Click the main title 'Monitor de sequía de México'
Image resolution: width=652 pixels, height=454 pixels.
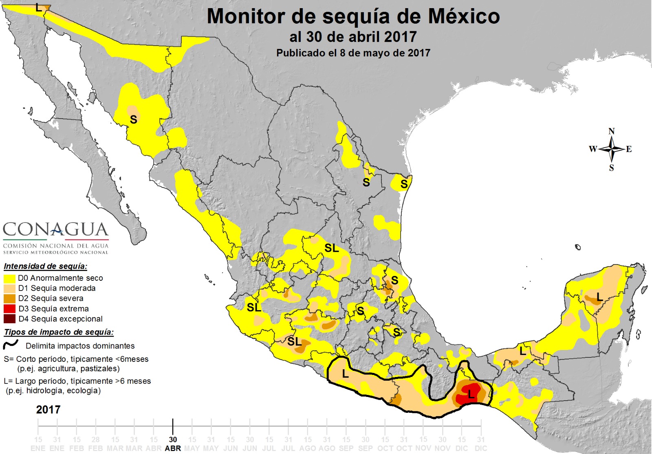pyautogui.click(x=353, y=17)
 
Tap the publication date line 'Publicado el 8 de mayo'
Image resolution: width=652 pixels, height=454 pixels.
pyautogui.click(x=353, y=53)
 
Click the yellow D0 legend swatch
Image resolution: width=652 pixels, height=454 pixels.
pyautogui.click(x=10, y=278)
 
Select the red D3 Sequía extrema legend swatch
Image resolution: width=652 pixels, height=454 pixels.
pyautogui.click(x=10, y=309)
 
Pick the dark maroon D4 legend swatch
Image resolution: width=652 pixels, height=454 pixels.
pyautogui.click(x=10, y=319)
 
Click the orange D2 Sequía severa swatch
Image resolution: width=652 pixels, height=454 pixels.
pyautogui.click(x=10, y=299)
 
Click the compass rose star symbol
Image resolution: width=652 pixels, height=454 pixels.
pyautogui.click(x=612, y=149)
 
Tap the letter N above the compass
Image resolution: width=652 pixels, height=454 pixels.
pyautogui.click(x=611, y=131)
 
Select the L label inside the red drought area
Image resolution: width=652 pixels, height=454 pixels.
pyautogui.click(x=471, y=394)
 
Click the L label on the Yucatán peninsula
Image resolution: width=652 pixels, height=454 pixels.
pyautogui.click(x=599, y=298)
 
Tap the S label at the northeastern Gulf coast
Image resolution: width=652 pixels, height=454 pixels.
pyautogui.click(x=404, y=184)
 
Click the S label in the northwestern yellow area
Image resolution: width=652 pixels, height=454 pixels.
pyautogui.click(x=133, y=119)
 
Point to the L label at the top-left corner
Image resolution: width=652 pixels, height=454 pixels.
pyautogui.click(x=39, y=7)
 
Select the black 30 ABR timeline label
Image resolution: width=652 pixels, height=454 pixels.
pyautogui.click(x=173, y=443)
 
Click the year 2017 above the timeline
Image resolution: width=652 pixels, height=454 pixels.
pyautogui.click(x=48, y=410)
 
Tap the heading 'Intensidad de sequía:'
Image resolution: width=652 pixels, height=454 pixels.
pyautogui.click(x=45, y=266)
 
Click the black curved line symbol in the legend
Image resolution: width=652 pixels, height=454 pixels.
pyautogui.click(x=11, y=345)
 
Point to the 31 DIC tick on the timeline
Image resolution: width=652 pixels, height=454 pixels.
pyautogui.click(x=481, y=443)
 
